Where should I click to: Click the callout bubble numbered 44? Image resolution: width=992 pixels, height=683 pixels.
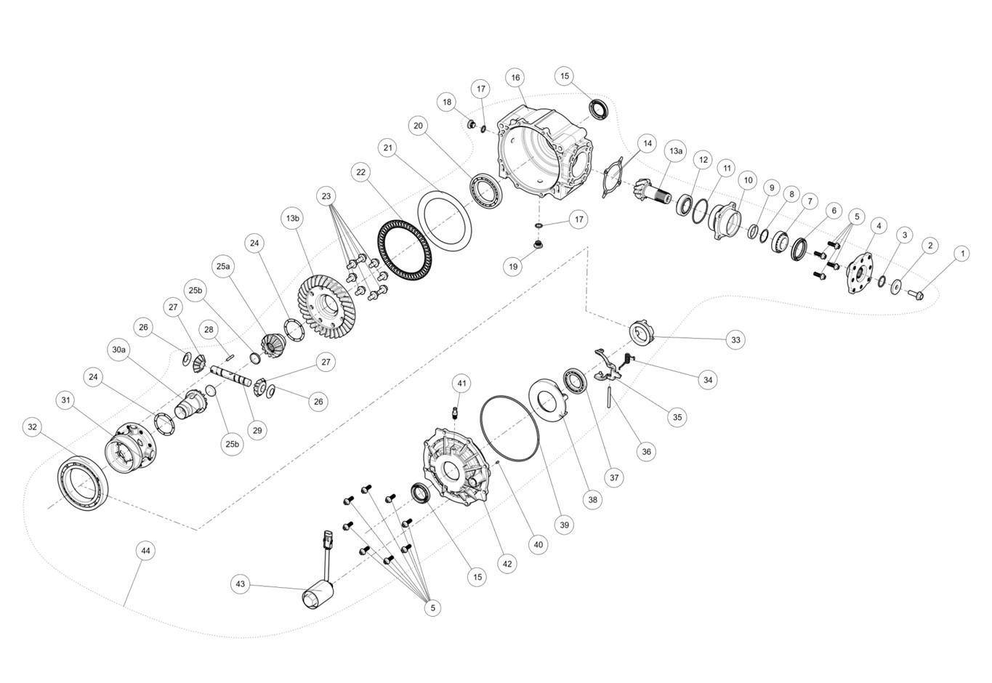[145, 551]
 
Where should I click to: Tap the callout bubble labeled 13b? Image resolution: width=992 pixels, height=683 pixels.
[293, 218]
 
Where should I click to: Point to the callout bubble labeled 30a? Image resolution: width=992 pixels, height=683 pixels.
[118, 349]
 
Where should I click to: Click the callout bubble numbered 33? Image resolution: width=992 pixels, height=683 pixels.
[735, 340]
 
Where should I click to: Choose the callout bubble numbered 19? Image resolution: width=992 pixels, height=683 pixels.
[513, 267]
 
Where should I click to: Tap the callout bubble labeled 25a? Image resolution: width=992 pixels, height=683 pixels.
[223, 267]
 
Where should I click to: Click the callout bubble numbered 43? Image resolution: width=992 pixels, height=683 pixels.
[240, 584]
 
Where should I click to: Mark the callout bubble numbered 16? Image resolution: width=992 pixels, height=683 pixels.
[515, 78]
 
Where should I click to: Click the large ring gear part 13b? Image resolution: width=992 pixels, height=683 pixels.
[329, 307]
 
